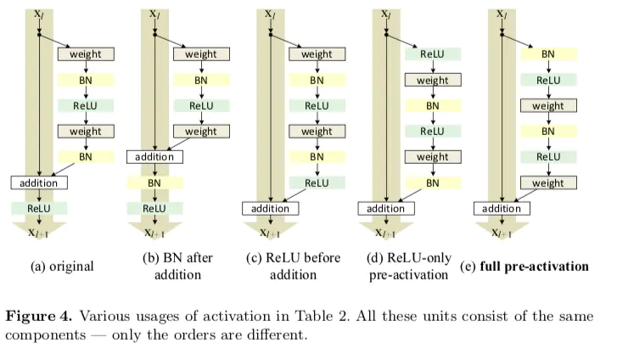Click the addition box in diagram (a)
tap(39, 183)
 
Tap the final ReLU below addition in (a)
tap(39, 208)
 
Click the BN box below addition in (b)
tap(154, 183)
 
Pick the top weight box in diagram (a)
tap(85, 54)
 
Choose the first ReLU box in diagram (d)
tap(432, 54)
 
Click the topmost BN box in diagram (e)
tap(548, 54)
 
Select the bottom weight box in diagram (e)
tap(548, 183)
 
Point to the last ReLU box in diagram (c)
tap(317, 183)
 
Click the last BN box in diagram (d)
tap(432, 183)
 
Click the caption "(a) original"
tap(62, 267)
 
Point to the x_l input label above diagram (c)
tap(269, 13)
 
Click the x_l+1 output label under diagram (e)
tap(501, 233)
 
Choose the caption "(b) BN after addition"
tap(178, 267)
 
